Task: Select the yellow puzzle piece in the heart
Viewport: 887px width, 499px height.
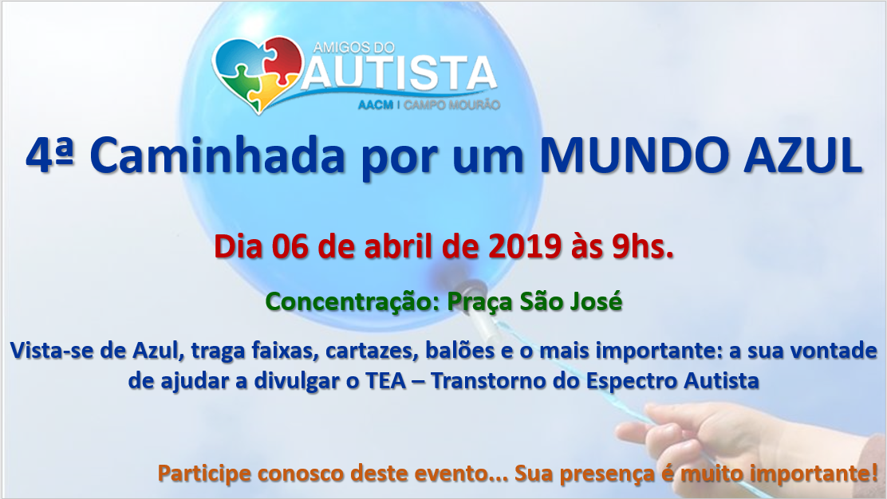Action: (x=270, y=90)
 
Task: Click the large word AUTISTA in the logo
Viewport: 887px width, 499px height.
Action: (x=400, y=73)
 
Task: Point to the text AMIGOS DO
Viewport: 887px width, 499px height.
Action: (x=353, y=48)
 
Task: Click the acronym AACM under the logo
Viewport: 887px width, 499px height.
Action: (x=375, y=105)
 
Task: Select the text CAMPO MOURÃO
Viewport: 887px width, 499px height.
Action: (x=451, y=105)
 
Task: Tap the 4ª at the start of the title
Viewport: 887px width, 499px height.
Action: (x=49, y=155)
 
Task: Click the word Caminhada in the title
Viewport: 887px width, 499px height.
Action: (x=217, y=155)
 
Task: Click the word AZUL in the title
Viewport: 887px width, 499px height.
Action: (x=802, y=155)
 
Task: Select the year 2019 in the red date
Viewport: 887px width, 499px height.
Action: (x=524, y=246)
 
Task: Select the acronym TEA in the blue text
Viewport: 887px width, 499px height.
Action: (x=386, y=380)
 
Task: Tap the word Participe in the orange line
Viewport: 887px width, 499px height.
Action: (x=204, y=473)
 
